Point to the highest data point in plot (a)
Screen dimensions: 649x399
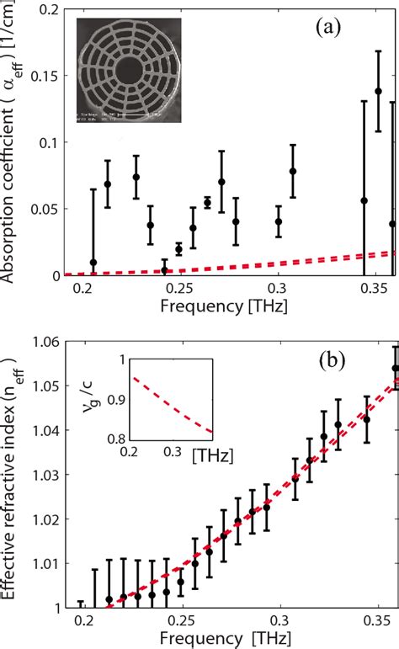pyautogui.click(x=378, y=91)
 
